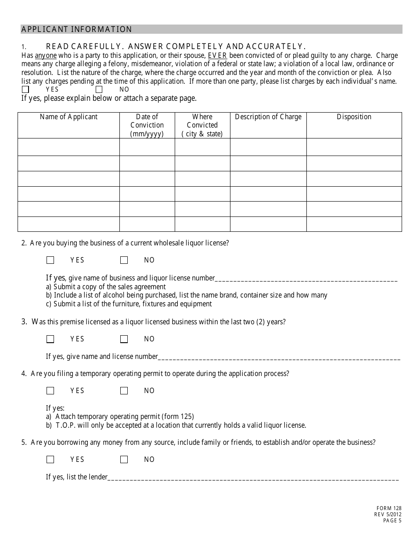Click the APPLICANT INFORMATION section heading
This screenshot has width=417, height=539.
[x=77, y=29]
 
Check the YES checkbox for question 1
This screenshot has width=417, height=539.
[x=25, y=89]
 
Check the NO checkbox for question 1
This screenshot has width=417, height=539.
[x=99, y=89]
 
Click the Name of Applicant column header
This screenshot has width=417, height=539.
[x=68, y=117]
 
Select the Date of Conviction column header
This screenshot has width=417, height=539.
[x=147, y=125]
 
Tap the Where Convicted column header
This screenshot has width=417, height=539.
[x=202, y=125]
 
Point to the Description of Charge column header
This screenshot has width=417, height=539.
[x=268, y=117]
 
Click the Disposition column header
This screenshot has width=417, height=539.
[x=354, y=117]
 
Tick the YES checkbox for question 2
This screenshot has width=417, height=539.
[x=50, y=260]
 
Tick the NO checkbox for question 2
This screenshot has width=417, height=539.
[x=124, y=260]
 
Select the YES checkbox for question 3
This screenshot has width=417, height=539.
[x=50, y=339]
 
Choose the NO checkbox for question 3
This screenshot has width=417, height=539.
[x=124, y=339]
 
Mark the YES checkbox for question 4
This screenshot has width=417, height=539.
[x=50, y=391]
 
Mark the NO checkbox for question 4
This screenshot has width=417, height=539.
[x=124, y=391]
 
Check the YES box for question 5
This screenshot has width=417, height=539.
[x=50, y=460]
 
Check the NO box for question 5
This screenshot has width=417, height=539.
[x=124, y=460]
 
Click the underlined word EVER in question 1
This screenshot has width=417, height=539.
[x=217, y=56]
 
